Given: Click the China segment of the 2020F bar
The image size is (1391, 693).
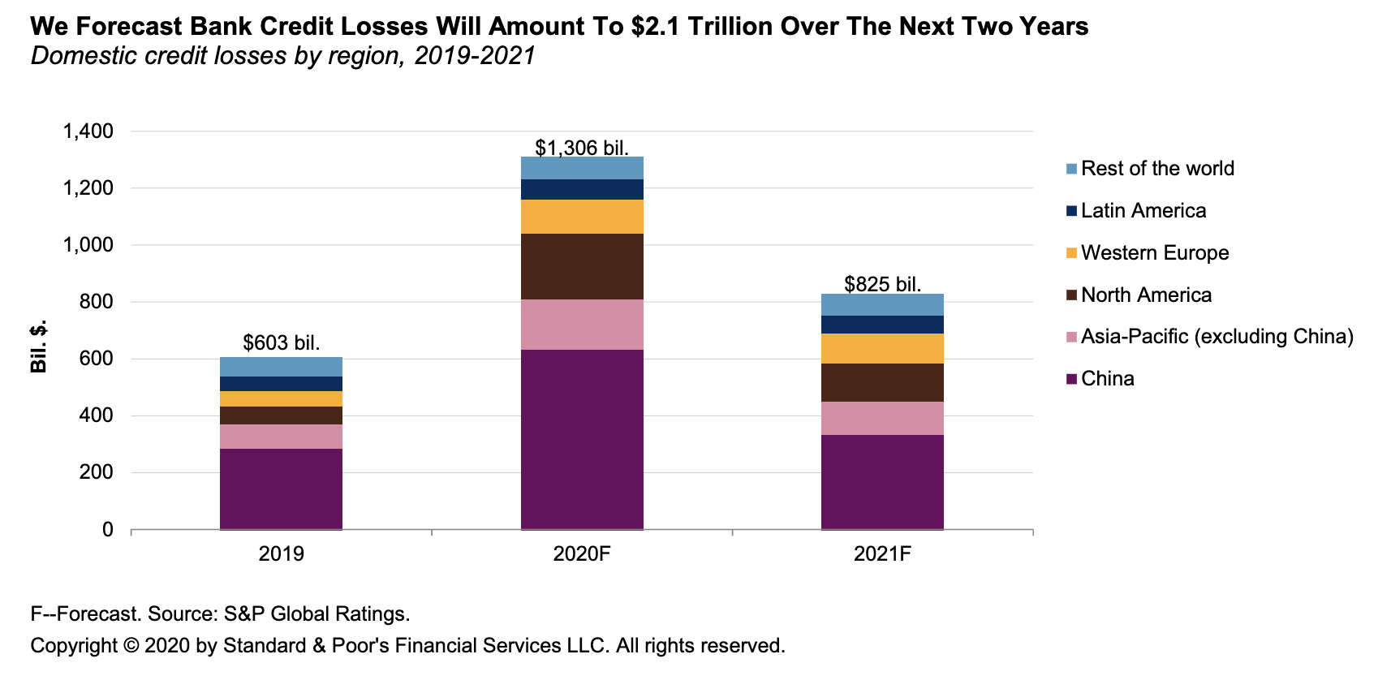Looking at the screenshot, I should point(582,439).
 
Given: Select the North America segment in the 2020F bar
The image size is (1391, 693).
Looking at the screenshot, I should point(582,266).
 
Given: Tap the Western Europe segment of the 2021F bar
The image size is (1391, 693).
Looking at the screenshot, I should point(882,348).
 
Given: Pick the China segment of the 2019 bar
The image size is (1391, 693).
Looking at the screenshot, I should point(281,489).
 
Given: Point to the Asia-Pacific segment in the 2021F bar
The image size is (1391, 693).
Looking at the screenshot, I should point(882,418).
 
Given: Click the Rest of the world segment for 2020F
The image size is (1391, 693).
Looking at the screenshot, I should point(582,168).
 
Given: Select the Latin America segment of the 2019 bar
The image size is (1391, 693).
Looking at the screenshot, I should point(281,384).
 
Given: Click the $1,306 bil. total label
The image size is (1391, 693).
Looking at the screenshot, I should point(582,148).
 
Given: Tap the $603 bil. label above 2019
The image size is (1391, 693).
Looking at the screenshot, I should point(281,342).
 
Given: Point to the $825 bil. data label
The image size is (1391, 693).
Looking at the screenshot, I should point(882,284).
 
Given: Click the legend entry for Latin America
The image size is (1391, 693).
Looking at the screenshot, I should point(1143,211).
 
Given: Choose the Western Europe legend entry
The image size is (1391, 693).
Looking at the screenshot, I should point(1154,253).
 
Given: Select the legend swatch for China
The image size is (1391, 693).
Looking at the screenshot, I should point(1071,379).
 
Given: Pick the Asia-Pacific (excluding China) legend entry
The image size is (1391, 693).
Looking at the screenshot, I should point(1217,337).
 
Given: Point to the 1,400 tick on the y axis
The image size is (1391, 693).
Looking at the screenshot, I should point(88,131).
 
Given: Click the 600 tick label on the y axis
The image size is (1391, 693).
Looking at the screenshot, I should point(97,359).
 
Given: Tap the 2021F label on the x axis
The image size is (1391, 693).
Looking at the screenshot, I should point(882,554).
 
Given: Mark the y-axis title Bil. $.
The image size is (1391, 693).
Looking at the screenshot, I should point(38,346).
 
